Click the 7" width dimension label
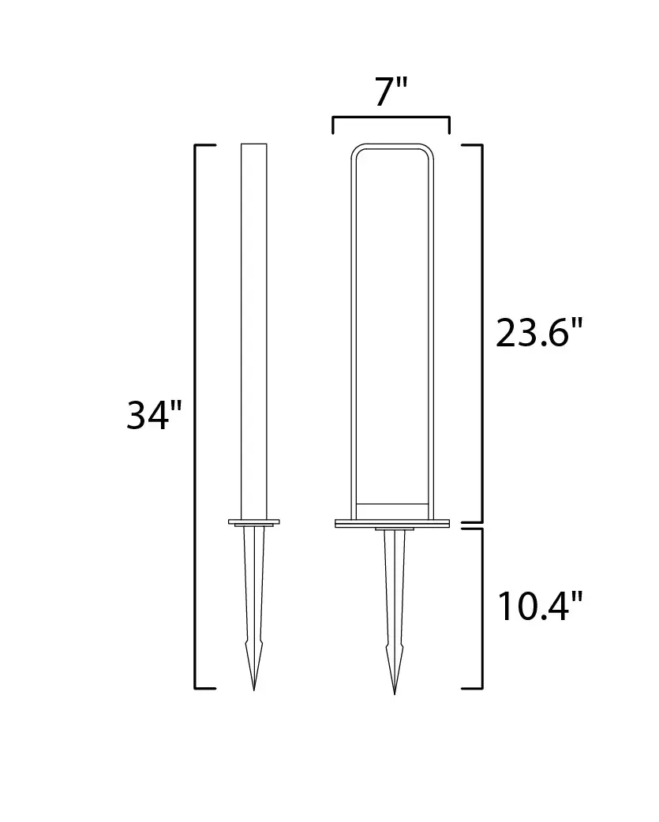[391, 92]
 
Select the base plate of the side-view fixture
[254, 521]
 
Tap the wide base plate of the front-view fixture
[392, 522]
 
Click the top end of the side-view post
[254, 145]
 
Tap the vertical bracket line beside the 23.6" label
[481, 332]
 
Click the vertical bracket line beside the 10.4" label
[481, 607]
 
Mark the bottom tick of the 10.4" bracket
[472, 688]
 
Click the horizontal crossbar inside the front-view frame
[392, 503]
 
